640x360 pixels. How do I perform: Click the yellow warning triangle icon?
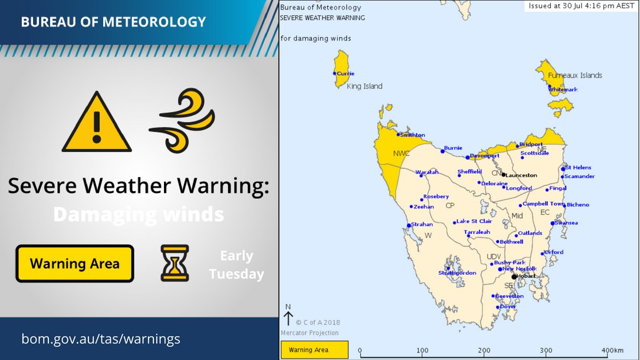97,123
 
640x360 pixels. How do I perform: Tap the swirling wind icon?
181,120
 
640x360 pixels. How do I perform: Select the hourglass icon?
175,263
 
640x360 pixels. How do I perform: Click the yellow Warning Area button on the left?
75,264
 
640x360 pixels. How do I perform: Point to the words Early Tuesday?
237,265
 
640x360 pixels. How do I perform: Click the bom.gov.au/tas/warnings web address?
101,339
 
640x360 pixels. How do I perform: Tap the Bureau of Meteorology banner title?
113,22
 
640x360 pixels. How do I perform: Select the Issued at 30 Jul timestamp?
581,5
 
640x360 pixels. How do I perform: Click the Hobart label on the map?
527,276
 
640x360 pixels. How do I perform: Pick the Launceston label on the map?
521,175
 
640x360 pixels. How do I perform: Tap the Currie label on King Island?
346,73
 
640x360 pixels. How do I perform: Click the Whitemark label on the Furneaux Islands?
563,90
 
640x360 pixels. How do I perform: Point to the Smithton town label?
412,135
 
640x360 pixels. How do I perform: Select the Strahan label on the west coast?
422,224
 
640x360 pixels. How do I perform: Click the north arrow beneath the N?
288,319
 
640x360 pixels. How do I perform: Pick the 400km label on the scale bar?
612,351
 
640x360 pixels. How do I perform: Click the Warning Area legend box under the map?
314,350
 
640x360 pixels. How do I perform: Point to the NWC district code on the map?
401,153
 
